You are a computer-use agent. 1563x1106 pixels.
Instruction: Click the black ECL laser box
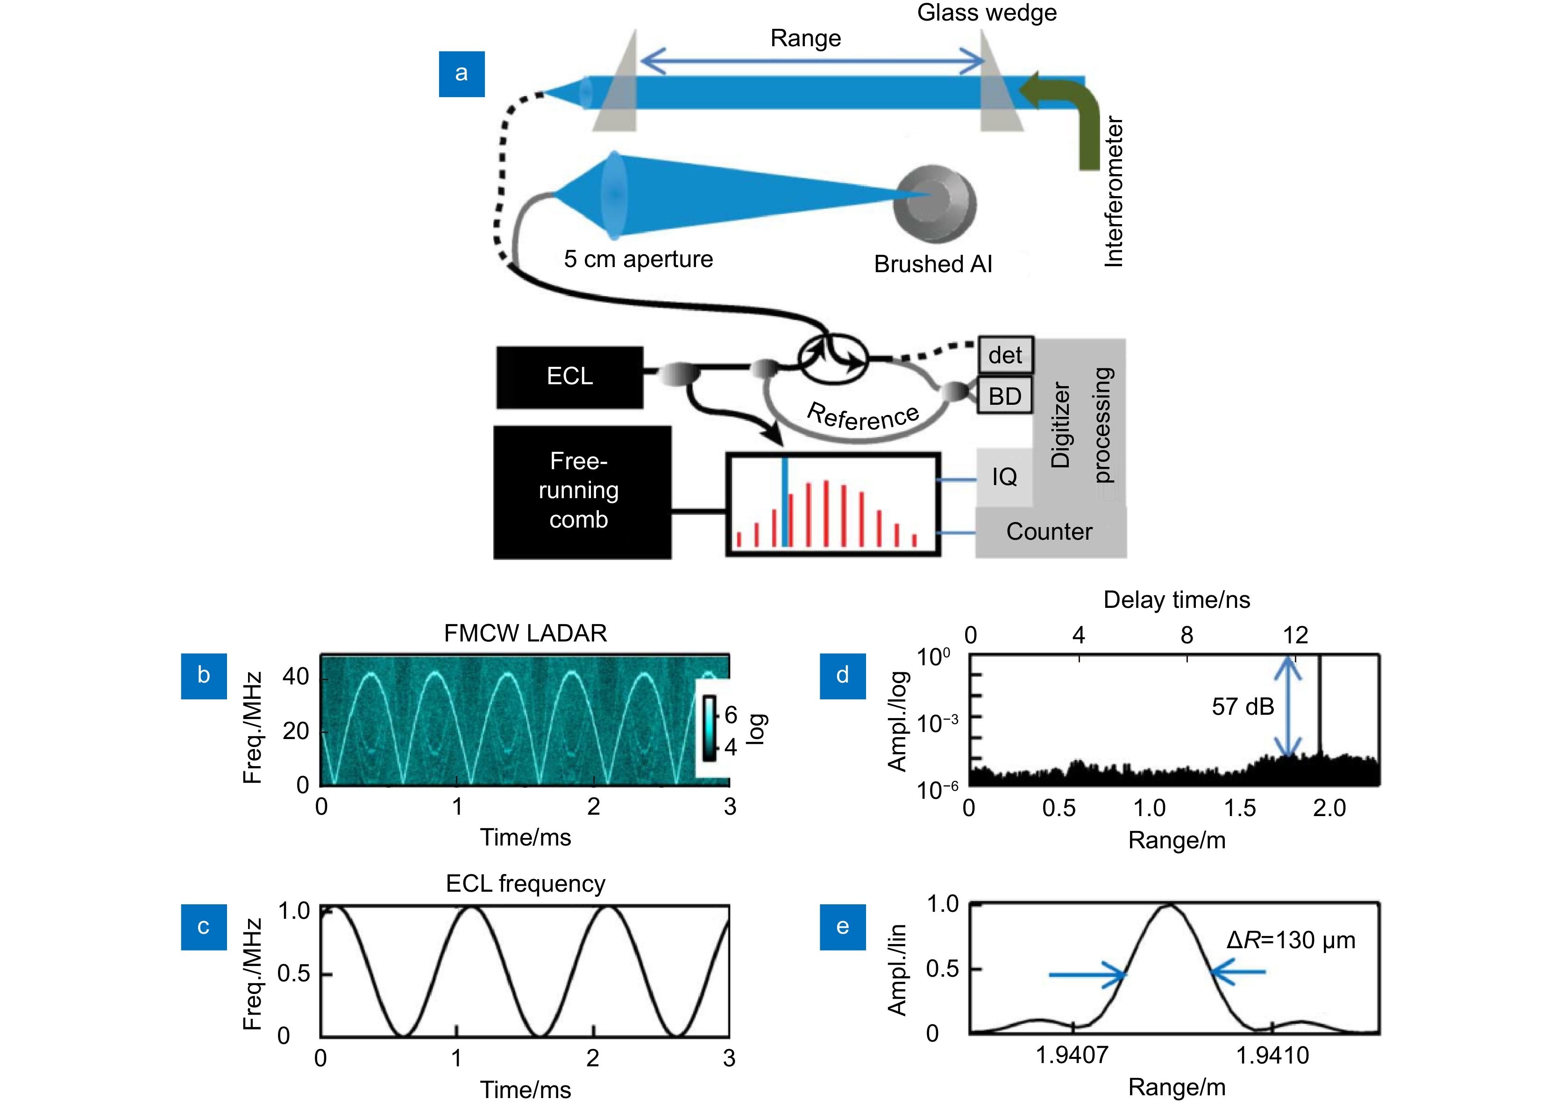[569, 377]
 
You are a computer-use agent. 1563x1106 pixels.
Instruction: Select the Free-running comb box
[582, 492]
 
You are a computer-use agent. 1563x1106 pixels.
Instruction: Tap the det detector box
[1005, 355]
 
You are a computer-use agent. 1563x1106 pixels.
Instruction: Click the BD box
[1005, 396]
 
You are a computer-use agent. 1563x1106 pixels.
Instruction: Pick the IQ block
[1003, 477]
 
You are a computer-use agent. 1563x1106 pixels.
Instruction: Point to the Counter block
[1049, 532]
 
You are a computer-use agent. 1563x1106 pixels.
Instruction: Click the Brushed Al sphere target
[935, 204]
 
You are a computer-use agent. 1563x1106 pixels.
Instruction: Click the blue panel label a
[461, 74]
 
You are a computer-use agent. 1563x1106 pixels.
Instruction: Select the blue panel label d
[842, 676]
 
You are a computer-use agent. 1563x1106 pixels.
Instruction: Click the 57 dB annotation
[1242, 707]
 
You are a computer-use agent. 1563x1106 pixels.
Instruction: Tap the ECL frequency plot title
[526, 884]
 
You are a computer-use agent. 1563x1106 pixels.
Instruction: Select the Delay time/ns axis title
[1177, 600]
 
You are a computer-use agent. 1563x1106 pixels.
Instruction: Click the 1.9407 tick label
[1072, 1055]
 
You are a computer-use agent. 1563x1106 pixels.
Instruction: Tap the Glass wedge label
[987, 13]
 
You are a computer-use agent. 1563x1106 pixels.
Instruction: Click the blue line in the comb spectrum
[785, 501]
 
